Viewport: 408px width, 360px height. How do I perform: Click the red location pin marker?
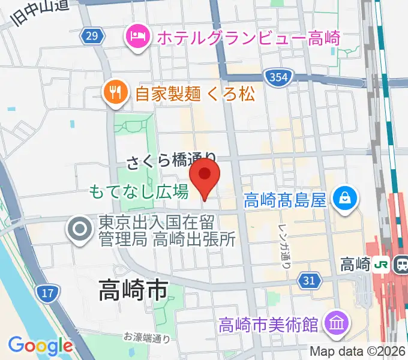(205, 175)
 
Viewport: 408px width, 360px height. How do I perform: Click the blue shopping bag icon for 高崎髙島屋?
(346, 197)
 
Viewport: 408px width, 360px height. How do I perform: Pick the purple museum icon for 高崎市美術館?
(335, 325)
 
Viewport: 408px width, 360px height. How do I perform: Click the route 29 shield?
(91, 37)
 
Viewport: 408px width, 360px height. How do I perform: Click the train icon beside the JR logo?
(401, 264)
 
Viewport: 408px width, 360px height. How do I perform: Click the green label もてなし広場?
(139, 192)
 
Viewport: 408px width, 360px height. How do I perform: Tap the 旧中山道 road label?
(38, 13)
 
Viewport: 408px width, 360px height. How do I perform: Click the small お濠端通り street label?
(148, 338)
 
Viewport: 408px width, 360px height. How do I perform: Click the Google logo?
(40, 346)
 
